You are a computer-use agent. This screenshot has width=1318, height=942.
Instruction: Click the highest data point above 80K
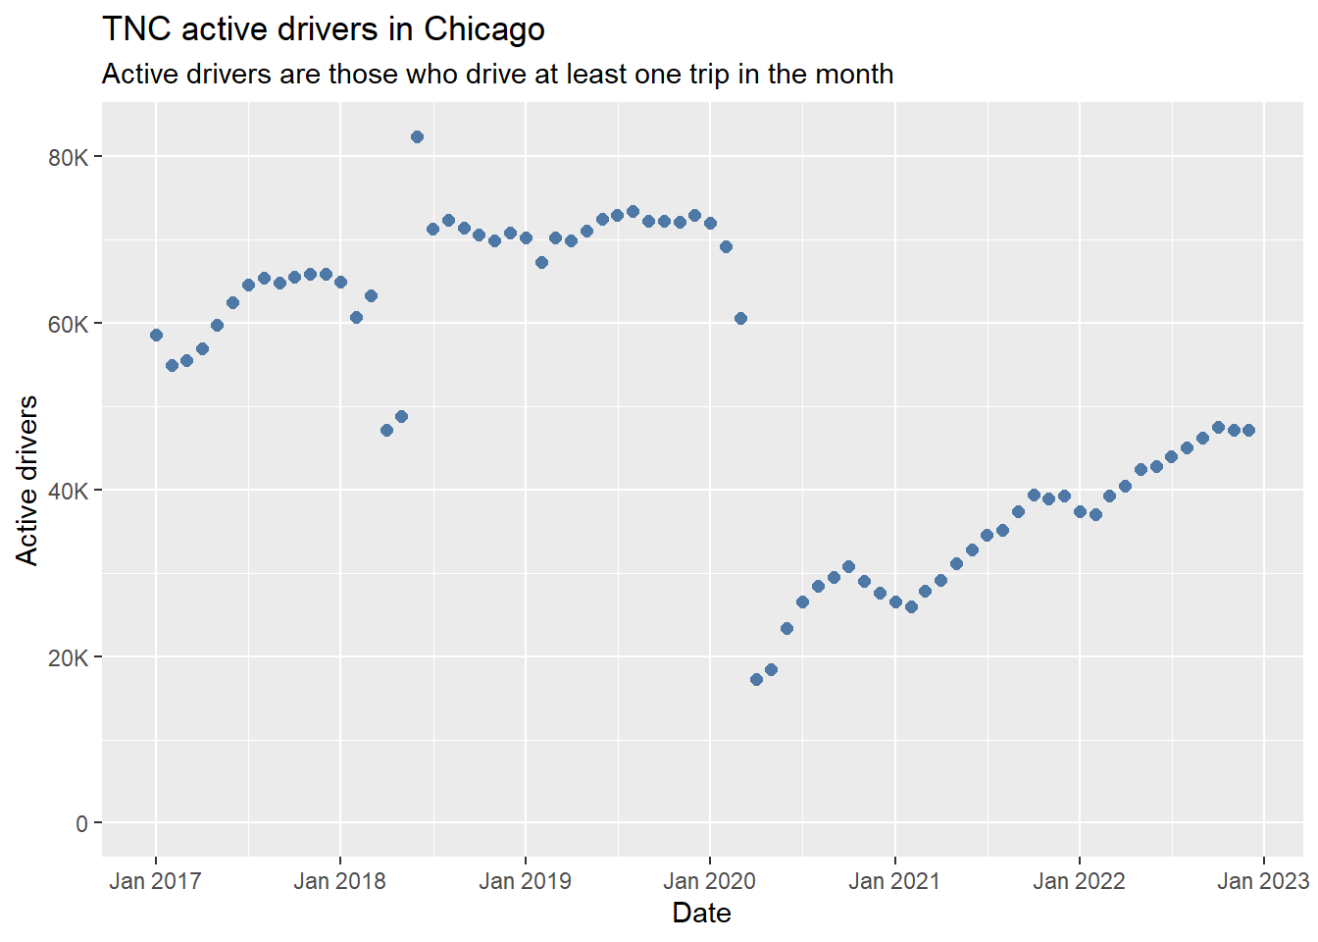coord(417,137)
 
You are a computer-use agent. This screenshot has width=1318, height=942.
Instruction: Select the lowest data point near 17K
coord(757,679)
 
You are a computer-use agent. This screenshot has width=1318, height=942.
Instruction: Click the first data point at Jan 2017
coord(156,335)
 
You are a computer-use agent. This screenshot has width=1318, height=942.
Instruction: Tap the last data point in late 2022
coord(1248,431)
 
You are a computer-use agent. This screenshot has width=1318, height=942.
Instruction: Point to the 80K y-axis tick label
coord(69,158)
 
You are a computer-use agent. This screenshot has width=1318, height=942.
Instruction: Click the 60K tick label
coord(69,325)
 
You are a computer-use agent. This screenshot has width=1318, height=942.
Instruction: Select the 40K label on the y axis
coord(69,491)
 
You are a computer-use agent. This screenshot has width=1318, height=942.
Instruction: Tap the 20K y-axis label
coord(69,657)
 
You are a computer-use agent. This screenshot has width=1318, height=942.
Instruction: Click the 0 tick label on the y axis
coord(81,824)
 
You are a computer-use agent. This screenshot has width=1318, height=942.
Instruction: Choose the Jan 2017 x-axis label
coord(155,881)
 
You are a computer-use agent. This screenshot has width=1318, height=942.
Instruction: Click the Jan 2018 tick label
coord(339,881)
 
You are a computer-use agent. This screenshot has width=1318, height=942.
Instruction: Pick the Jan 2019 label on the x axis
coord(525,881)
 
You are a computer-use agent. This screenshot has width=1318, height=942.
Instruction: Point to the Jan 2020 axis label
coord(709,881)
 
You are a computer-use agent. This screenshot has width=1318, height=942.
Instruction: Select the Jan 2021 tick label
coord(894,881)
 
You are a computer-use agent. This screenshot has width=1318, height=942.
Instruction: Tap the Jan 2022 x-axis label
coord(1079,881)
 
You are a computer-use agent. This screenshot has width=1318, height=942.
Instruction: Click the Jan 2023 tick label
coord(1263,881)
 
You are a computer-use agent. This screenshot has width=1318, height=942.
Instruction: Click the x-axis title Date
coord(701,914)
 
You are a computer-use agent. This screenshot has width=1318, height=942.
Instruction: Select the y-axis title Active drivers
coord(26,481)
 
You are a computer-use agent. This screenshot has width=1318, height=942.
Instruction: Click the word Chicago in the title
coord(484,28)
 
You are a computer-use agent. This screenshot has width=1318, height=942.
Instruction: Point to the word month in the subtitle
coord(852,75)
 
